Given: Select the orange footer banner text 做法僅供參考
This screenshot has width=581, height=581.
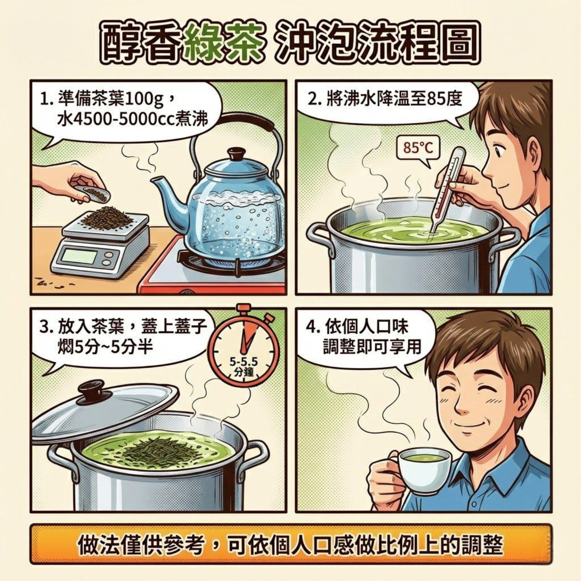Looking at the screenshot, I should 141,545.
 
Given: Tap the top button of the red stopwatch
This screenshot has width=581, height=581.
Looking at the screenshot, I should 244,309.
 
